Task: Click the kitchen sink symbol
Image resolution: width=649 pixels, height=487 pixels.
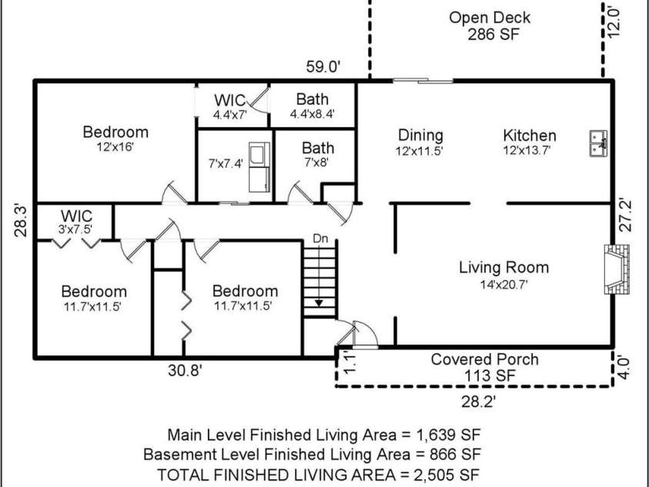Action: point(598,143)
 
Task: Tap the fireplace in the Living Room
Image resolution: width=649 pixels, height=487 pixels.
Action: point(617,269)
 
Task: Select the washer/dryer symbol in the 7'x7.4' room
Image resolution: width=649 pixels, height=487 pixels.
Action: point(259,167)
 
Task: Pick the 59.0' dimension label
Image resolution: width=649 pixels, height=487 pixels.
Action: point(323,66)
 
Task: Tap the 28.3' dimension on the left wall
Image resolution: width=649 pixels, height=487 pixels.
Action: point(21,220)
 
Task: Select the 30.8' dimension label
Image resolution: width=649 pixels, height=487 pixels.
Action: point(185,370)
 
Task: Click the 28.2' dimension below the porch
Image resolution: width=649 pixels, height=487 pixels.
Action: point(478,401)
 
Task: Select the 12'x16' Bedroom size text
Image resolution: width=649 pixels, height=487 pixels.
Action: point(115,147)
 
